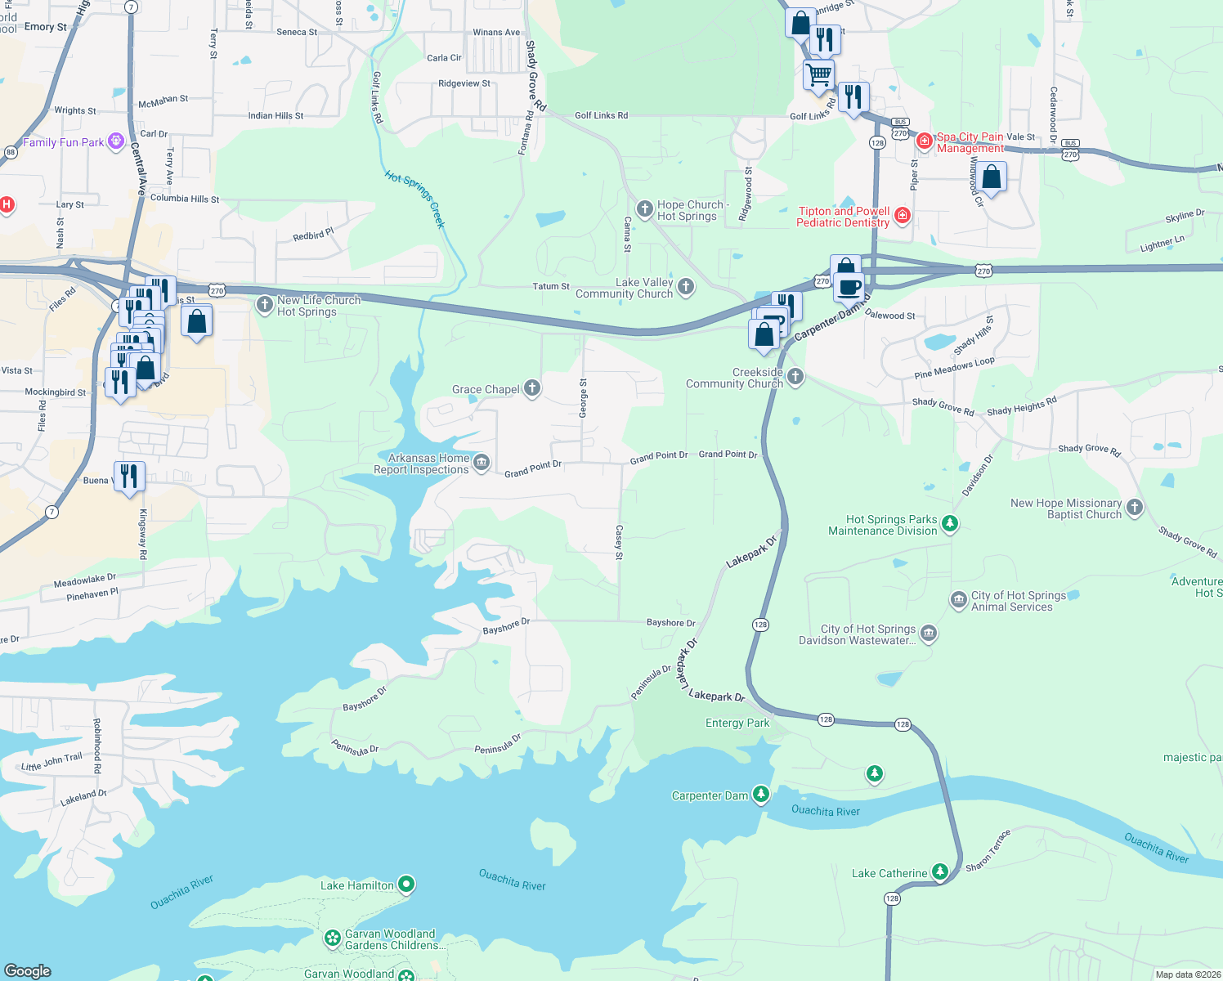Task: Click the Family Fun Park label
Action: click(63, 142)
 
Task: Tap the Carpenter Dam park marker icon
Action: click(761, 795)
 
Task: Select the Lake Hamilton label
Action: click(356, 885)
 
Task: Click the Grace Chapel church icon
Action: click(532, 388)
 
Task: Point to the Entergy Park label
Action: click(737, 723)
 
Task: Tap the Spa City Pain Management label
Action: click(970, 142)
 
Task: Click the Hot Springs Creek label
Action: click(415, 199)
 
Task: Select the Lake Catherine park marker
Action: click(940, 872)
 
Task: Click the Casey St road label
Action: click(619, 543)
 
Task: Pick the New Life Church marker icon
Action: click(264, 305)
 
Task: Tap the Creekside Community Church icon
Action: click(795, 377)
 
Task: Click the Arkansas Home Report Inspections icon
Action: click(482, 464)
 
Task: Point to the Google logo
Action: click(28, 970)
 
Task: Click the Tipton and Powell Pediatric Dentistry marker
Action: click(903, 216)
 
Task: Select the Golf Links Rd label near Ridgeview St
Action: click(378, 97)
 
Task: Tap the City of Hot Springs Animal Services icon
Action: click(958, 601)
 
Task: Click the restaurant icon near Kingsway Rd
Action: click(129, 476)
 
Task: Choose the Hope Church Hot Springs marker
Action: click(645, 210)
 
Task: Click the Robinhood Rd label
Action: click(96, 746)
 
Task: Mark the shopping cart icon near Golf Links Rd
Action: click(818, 75)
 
